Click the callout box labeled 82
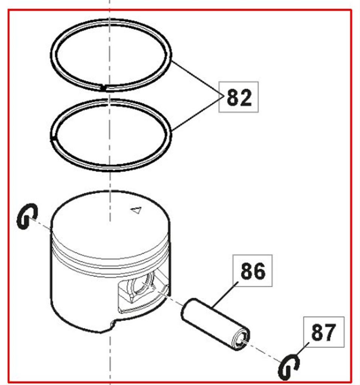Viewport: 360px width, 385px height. (238, 97)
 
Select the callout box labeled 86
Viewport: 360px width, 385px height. (252, 271)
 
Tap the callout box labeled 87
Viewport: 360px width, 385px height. (324, 332)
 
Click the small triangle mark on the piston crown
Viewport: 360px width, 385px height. (136, 210)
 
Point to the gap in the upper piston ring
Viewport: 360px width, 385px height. (104, 87)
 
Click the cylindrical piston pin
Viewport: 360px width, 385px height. (215, 324)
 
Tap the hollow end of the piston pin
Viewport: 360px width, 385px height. (241, 340)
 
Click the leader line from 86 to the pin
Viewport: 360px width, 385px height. (225, 295)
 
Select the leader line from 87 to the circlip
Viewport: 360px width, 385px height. (303, 349)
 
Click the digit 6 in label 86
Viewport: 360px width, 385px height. (259, 271)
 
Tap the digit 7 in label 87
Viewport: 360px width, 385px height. (330, 332)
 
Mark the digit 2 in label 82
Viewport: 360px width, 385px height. (245, 97)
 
